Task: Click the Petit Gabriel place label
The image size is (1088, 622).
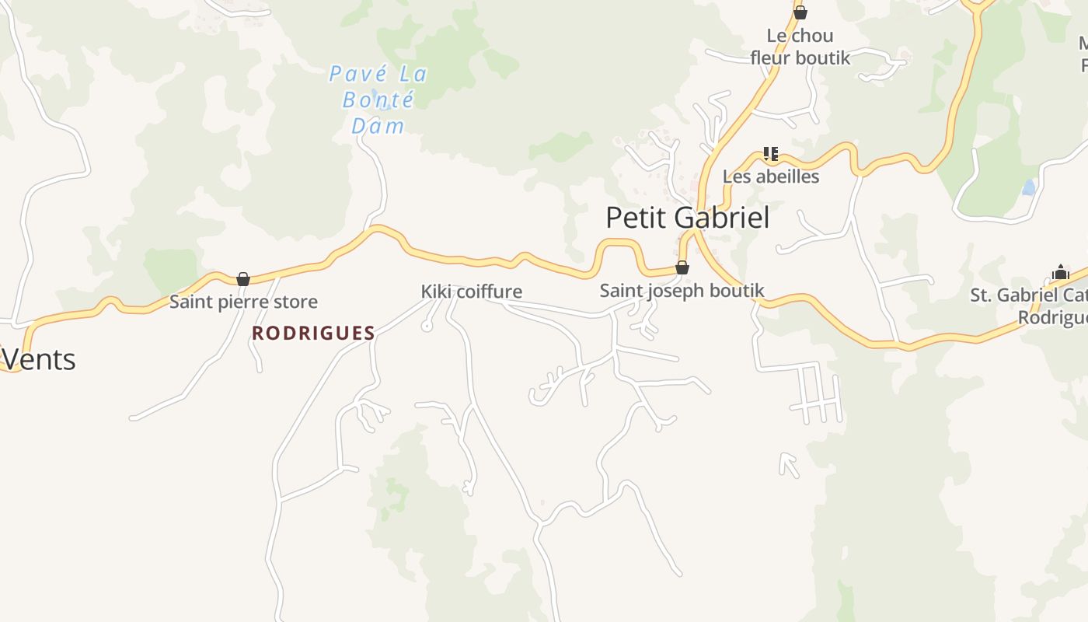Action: coord(687,218)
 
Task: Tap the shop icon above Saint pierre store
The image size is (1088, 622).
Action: coord(243,279)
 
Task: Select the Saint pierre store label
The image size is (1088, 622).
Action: coord(243,302)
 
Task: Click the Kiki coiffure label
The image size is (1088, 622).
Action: coord(471,292)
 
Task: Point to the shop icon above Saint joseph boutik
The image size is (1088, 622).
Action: coord(682,268)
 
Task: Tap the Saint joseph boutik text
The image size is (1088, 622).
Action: coord(682,291)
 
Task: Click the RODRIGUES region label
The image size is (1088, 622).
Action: coord(313,334)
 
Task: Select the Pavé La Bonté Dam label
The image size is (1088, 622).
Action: coord(378,100)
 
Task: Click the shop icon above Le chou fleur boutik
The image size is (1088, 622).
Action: coord(800,12)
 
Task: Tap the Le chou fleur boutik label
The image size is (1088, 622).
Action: coord(800,47)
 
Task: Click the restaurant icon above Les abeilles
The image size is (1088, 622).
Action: coord(770,153)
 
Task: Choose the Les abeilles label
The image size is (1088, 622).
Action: coord(770,176)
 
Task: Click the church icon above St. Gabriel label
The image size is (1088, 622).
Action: coord(1060,272)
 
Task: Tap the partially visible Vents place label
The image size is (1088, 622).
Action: coord(38,359)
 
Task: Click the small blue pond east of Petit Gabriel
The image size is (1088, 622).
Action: coord(1029,187)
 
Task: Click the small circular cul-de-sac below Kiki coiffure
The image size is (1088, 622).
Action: coord(427,327)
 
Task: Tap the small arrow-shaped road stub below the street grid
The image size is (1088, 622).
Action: coord(788,463)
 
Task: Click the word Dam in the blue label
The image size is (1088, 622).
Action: coord(378,126)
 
